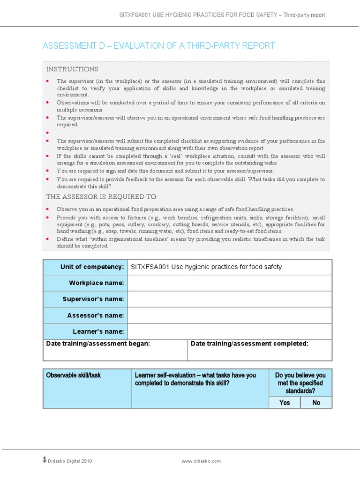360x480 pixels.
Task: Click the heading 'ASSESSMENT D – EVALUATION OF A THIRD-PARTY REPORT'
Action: click(x=158, y=45)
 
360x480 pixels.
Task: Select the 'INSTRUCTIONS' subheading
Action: click(x=72, y=69)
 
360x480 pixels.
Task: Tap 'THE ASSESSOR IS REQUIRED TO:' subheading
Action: click(x=102, y=196)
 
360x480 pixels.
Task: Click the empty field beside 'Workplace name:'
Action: click(x=229, y=283)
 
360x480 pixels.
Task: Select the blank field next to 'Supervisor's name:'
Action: click(x=229, y=299)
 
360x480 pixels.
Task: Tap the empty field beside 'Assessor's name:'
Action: click(x=229, y=315)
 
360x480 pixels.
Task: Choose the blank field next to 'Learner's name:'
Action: click(x=229, y=331)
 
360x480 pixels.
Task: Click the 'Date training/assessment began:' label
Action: click(x=98, y=344)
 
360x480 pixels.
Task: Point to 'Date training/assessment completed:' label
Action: click(x=249, y=344)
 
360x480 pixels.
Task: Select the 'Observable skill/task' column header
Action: click(x=73, y=375)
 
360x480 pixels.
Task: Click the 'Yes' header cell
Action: click(x=284, y=403)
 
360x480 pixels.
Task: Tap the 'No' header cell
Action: click(x=316, y=403)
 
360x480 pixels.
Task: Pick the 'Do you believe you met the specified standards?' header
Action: click(x=300, y=383)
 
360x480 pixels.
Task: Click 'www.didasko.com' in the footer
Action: click(x=201, y=461)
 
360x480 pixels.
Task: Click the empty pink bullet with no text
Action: click(x=47, y=133)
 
